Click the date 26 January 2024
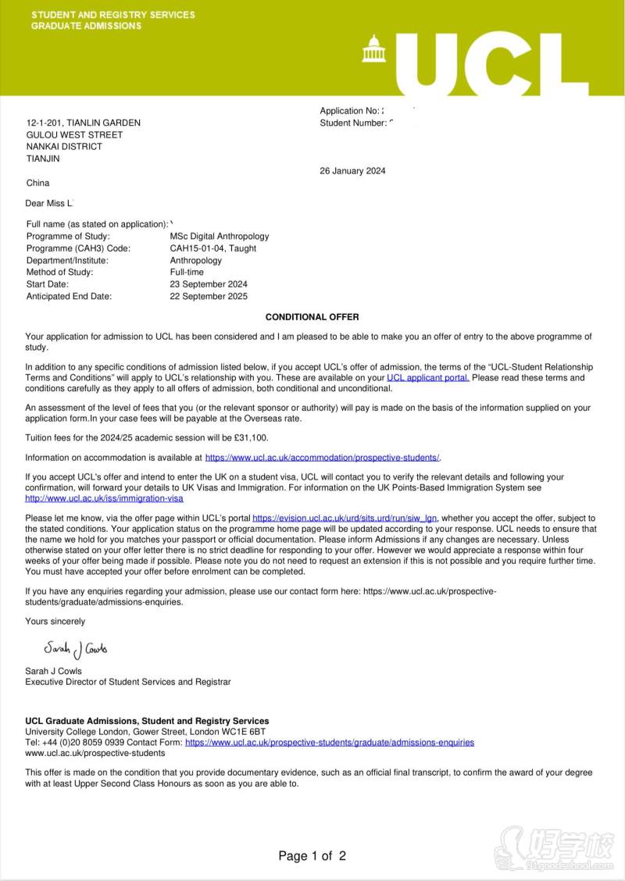[x=352, y=171]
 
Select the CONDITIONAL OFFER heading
[x=312, y=317]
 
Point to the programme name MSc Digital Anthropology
[x=219, y=236]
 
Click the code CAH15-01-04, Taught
[x=212, y=248]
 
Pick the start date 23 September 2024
[x=209, y=284]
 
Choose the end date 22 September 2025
[x=209, y=296]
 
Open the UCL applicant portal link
[x=428, y=378]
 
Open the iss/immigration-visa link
[x=104, y=498]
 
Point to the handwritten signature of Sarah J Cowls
[x=76, y=649]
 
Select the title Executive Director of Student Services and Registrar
[x=128, y=682]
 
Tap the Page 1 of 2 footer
[x=312, y=856]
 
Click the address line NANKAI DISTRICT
[x=64, y=146]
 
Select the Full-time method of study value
[x=186, y=272]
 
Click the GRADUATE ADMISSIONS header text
[x=86, y=26]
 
